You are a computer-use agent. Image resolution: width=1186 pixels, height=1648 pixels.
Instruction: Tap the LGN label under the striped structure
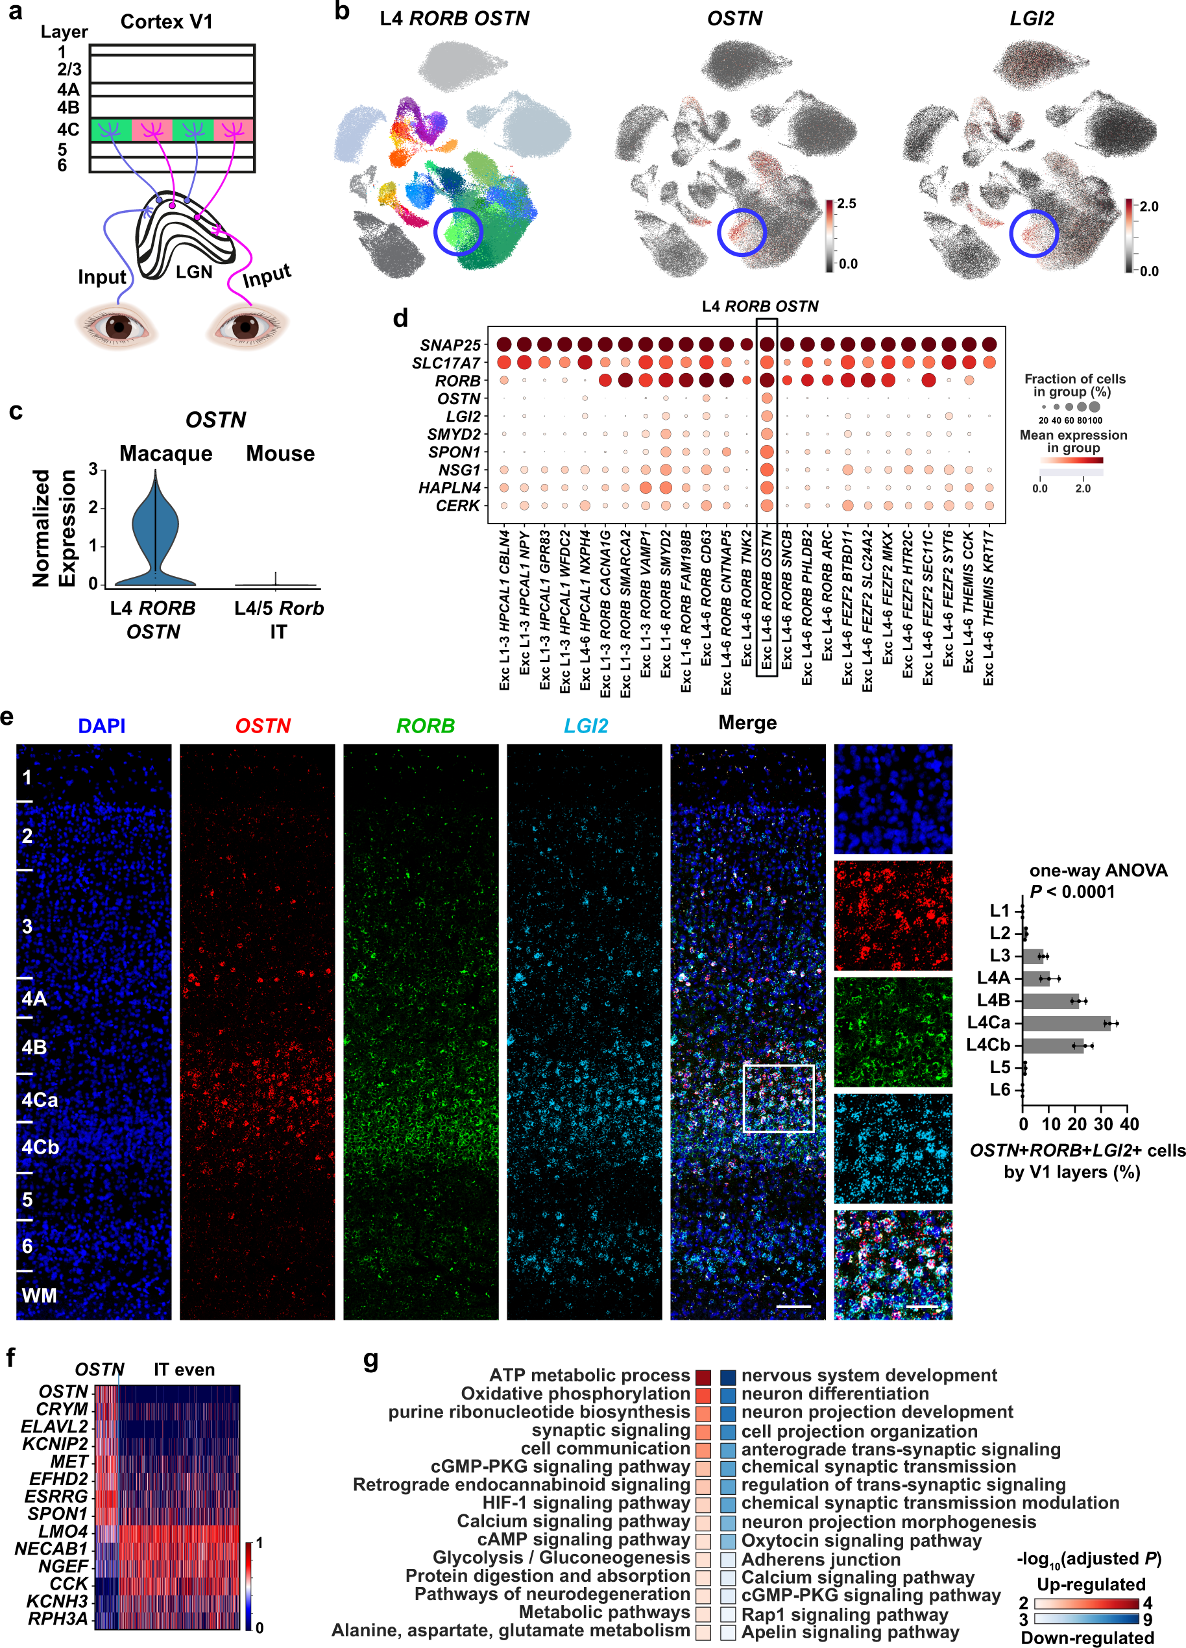click(194, 273)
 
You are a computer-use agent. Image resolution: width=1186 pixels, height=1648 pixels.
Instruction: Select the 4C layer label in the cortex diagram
click(68, 129)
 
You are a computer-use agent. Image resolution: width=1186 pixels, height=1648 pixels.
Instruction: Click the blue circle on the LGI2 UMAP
click(1034, 232)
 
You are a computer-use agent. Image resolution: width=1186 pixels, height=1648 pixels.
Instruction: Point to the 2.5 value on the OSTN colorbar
click(847, 204)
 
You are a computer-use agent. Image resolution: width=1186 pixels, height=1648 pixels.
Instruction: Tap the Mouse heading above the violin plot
click(280, 454)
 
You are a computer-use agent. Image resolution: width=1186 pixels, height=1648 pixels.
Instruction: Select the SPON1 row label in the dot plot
click(454, 452)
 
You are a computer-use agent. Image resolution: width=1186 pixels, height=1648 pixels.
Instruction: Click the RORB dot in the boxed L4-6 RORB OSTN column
click(766, 380)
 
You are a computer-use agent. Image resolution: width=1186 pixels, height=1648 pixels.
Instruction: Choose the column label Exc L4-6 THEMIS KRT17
click(988, 607)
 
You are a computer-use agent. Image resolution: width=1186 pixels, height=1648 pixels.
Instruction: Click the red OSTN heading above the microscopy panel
click(262, 725)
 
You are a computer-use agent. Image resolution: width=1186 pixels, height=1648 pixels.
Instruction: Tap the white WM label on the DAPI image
click(39, 1295)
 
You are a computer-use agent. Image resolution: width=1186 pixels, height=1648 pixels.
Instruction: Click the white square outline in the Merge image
click(778, 1098)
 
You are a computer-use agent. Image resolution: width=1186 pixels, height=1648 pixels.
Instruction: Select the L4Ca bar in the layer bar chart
click(1065, 1023)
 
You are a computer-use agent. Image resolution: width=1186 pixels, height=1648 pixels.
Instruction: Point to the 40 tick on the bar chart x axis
click(1129, 1124)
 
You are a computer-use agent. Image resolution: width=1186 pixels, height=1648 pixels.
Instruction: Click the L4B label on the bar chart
click(993, 1000)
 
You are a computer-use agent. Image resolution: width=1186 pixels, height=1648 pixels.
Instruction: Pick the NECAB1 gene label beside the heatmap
click(51, 1549)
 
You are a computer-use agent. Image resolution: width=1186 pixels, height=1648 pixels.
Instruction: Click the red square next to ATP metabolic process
click(703, 1376)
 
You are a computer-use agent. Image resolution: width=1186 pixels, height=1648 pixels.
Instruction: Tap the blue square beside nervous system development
click(727, 1376)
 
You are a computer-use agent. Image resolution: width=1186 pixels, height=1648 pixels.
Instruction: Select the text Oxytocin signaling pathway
click(860, 1540)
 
